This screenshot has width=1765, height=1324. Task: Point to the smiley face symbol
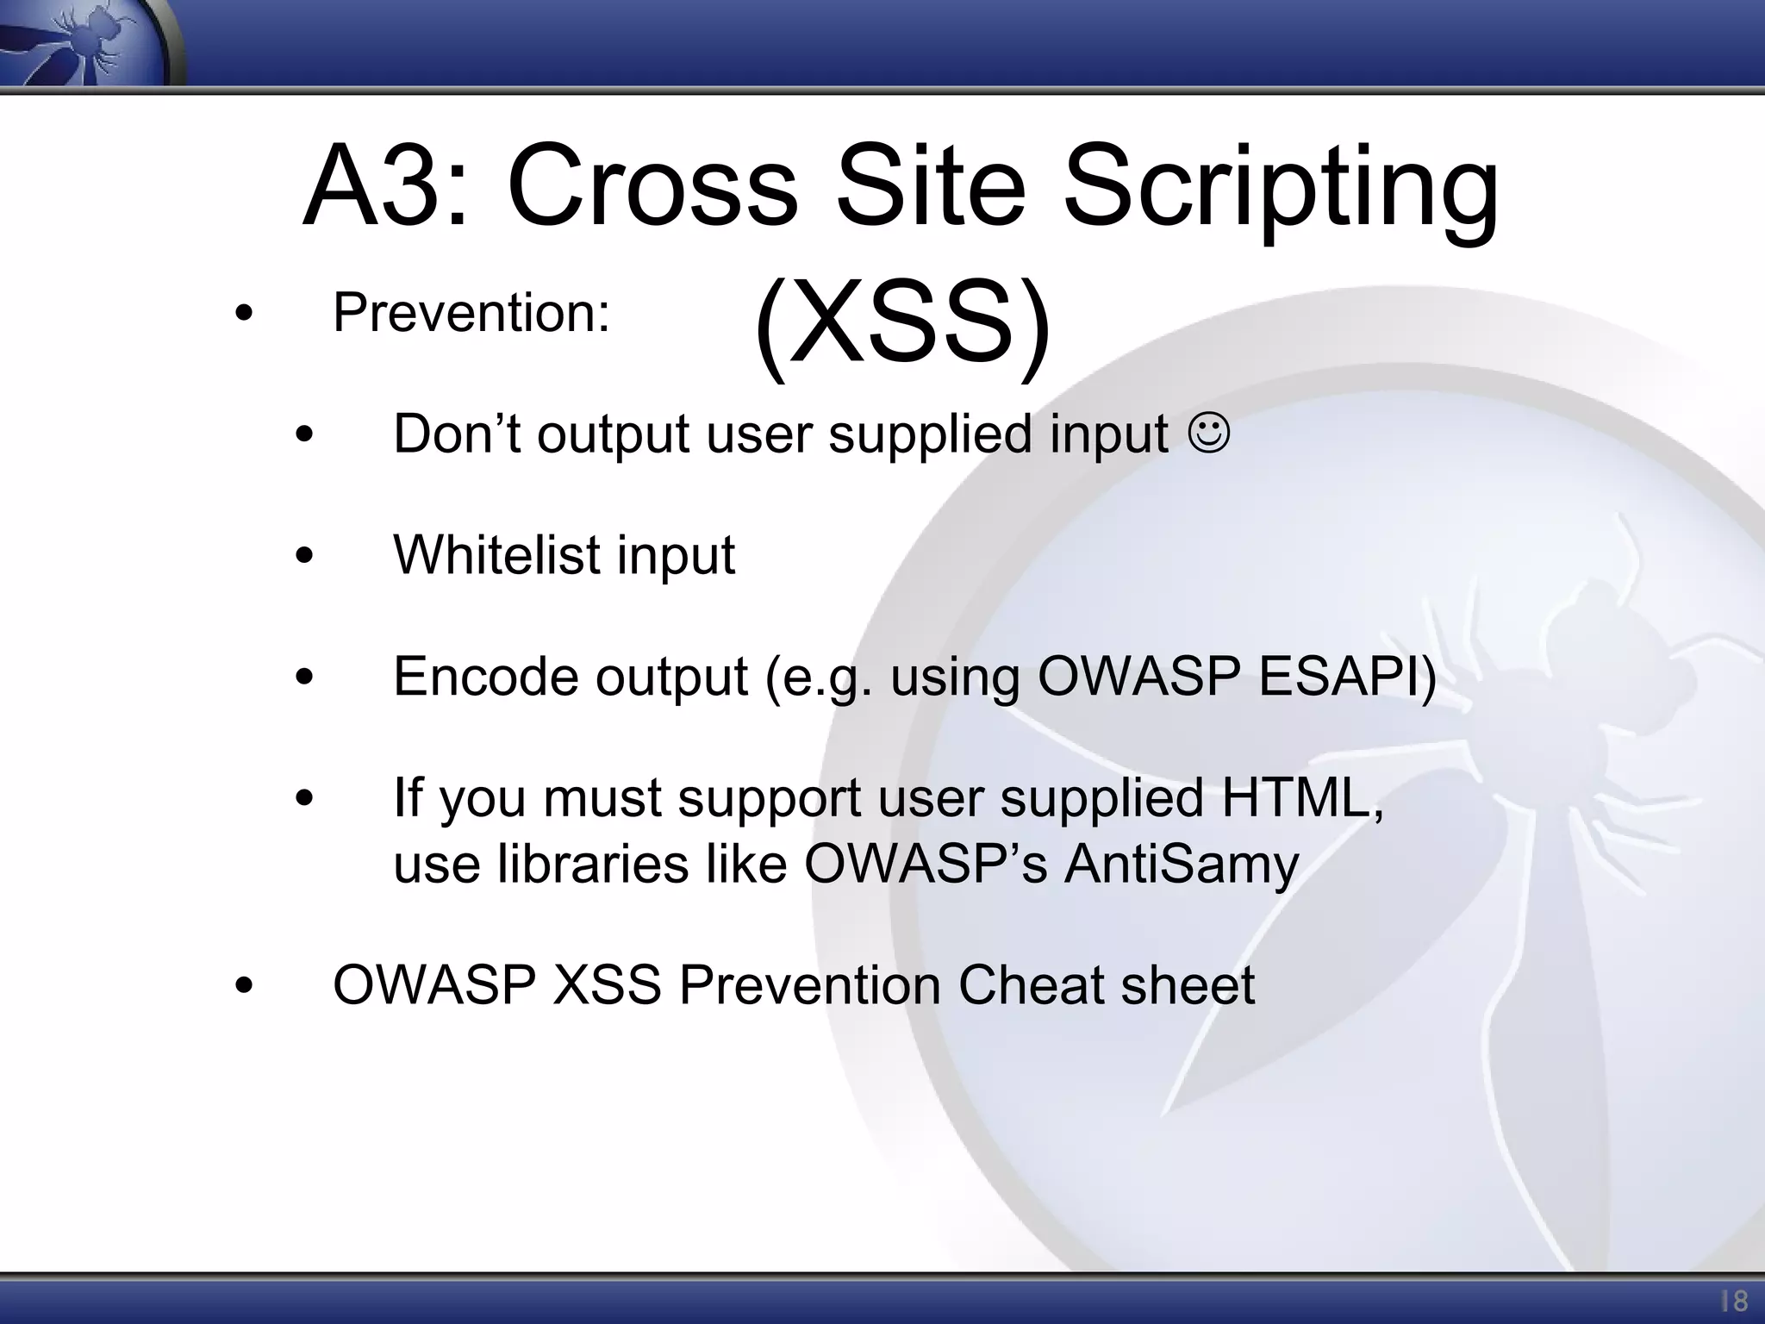pyautogui.click(x=1210, y=434)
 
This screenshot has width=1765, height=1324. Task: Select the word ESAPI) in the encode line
pyautogui.click(x=1347, y=676)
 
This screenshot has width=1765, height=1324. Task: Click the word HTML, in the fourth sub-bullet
pyautogui.click(x=1302, y=797)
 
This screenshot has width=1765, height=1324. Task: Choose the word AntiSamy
pyautogui.click(x=1181, y=864)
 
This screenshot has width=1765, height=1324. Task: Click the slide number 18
pyautogui.click(x=1733, y=1300)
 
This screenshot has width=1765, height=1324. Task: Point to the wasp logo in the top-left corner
pyautogui.click(x=86, y=43)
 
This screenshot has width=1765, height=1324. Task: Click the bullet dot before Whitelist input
pyautogui.click(x=304, y=557)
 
